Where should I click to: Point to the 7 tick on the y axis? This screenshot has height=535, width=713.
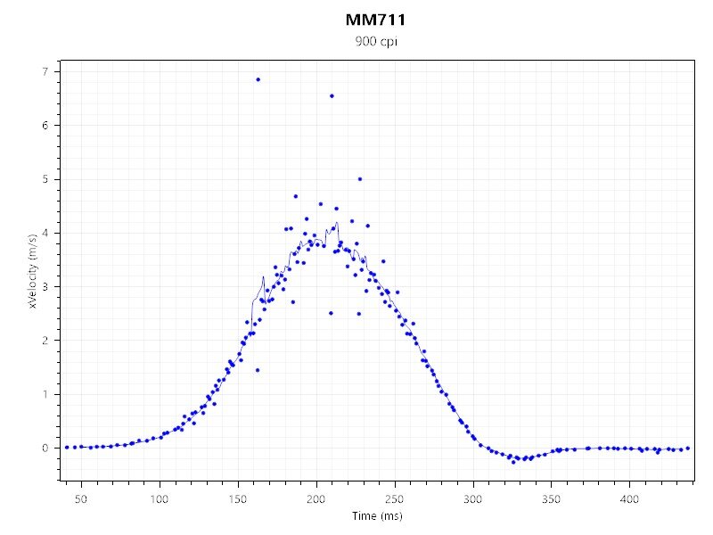click(x=45, y=71)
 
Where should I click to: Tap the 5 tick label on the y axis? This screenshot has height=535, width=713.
click(x=45, y=179)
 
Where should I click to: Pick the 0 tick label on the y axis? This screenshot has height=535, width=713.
click(x=45, y=448)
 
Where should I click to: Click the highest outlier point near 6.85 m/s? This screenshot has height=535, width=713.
click(x=258, y=79)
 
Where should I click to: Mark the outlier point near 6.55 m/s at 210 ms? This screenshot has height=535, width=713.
click(x=332, y=95)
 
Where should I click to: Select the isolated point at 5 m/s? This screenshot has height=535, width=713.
click(x=360, y=179)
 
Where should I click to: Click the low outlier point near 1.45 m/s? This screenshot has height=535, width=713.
click(x=258, y=370)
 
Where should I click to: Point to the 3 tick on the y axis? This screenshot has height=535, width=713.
click(x=45, y=286)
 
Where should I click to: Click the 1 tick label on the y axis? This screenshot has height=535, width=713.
click(x=45, y=394)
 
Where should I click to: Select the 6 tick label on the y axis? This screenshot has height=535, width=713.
click(x=45, y=126)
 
